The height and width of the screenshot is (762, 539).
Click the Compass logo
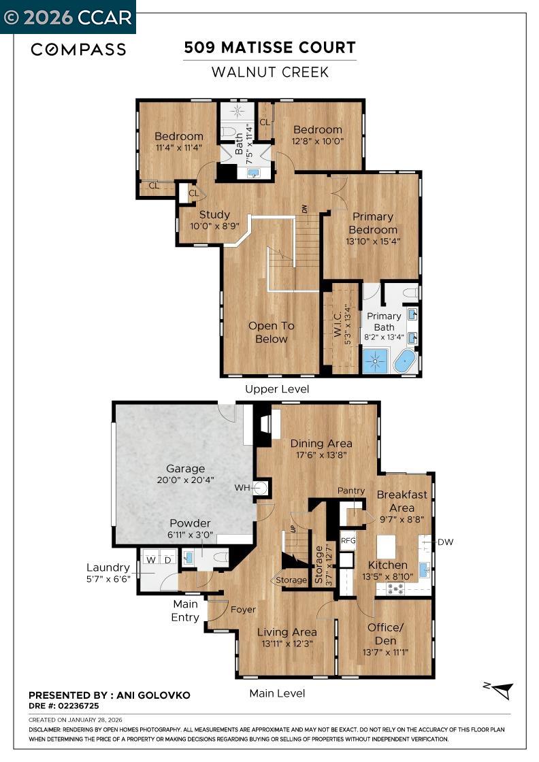click(78, 49)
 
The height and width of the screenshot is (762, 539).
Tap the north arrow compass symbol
click(502, 690)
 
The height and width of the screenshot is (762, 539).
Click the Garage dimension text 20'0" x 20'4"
click(185, 480)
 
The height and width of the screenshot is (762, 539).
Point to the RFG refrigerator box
click(348, 540)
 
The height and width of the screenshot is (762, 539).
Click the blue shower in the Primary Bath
click(375, 361)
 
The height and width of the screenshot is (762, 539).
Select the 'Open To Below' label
click(271, 332)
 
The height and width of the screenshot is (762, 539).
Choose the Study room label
click(214, 215)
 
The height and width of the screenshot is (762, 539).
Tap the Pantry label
click(351, 491)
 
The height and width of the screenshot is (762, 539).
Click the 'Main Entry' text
click(185, 610)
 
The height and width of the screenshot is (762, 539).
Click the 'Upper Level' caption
click(277, 389)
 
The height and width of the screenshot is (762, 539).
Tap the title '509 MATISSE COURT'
click(269, 48)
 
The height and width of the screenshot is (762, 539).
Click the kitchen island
click(387, 546)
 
